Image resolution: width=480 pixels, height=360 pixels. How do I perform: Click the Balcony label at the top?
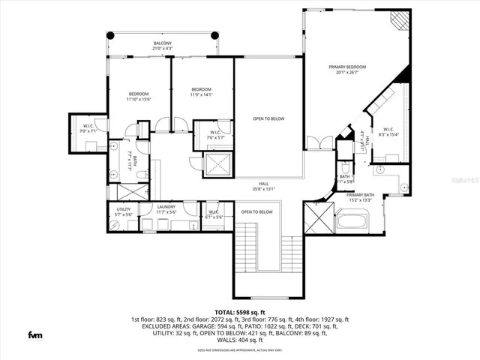pos(163,43)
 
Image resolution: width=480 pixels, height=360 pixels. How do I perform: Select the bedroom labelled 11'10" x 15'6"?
pos(139,94)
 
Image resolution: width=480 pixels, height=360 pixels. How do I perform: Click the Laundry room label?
pos(166,209)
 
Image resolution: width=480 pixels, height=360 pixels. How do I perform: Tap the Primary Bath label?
pos(360,197)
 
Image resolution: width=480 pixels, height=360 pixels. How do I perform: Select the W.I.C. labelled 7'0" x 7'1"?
pos(88,128)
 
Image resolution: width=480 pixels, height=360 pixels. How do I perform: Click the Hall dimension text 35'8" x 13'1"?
pos(264,189)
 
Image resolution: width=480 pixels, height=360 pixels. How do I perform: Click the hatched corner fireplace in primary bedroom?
pos(403,19)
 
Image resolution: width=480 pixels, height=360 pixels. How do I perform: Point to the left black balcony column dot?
pos(110,34)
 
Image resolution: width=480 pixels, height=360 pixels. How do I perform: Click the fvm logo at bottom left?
pos(34,334)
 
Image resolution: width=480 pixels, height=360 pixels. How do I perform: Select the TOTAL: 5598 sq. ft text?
pos(239,311)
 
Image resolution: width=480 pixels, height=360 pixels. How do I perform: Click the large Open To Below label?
pos(268,118)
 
